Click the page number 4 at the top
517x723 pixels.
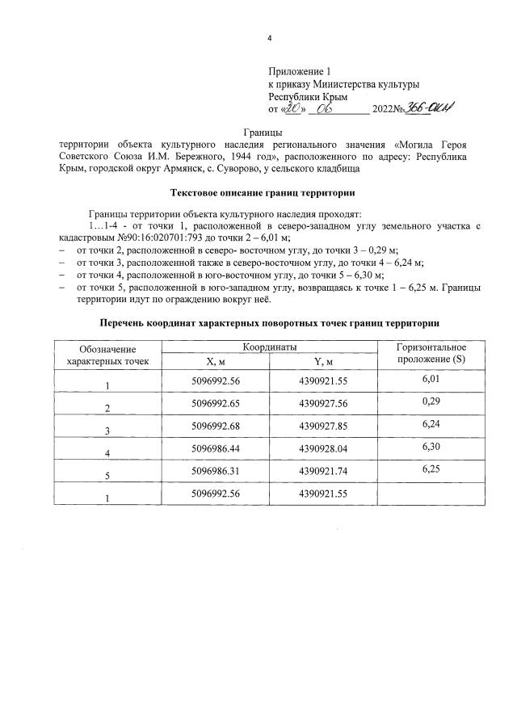pos(270,38)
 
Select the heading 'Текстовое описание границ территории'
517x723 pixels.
pos(263,193)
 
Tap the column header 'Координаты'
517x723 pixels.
pos(271,345)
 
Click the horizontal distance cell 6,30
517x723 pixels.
pos(432,446)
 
